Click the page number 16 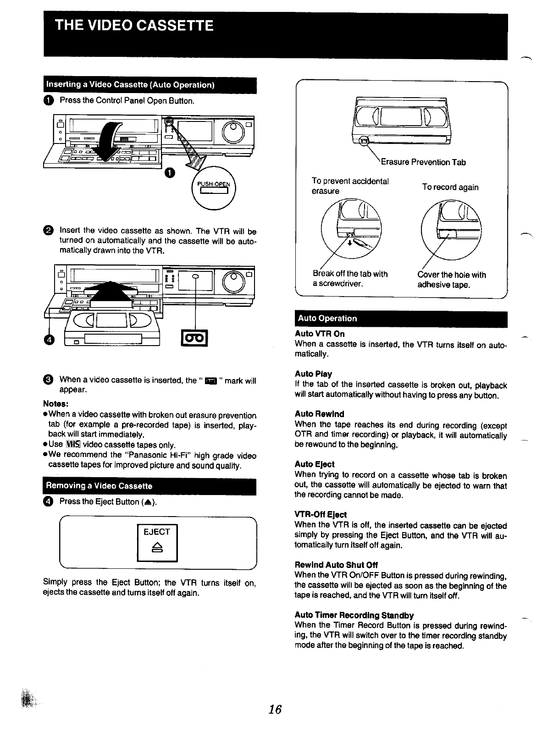click(x=275, y=710)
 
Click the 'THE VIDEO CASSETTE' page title click(x=134, y=25)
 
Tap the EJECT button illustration click(x=157, y=542)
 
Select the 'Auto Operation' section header click(x=327, y=319)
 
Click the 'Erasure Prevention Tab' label click(x=423, y=162)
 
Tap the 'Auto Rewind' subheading click(x=319, y=414)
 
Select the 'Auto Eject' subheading click(x=315, y=464)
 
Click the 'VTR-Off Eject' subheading click(x=321, y=515)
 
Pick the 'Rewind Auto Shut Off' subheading click(x=336, y=565)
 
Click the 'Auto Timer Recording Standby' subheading click(x=354, y=615)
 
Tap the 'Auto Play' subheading click(x=313, y=374)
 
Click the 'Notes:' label click(x=55, y=404)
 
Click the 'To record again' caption click(x=450, y=187)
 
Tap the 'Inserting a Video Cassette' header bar click(x=130, y=85)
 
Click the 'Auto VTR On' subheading click(x=319, y=334)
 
